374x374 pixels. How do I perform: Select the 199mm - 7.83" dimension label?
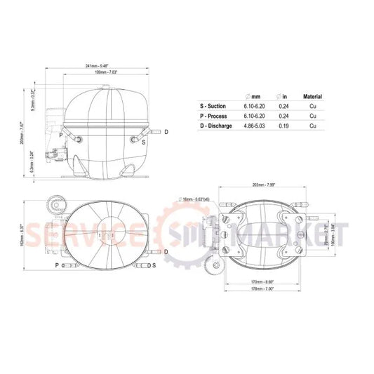tap(102, 72)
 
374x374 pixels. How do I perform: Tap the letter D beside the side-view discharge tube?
tap(166, 132)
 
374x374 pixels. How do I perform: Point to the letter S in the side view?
tap(143, 142)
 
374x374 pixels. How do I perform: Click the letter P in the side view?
tap(61, 134)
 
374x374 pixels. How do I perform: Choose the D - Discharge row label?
tap(219, 126)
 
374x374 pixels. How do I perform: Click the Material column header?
tap(312, 96)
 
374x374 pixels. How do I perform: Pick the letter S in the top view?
tap(154, 266)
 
